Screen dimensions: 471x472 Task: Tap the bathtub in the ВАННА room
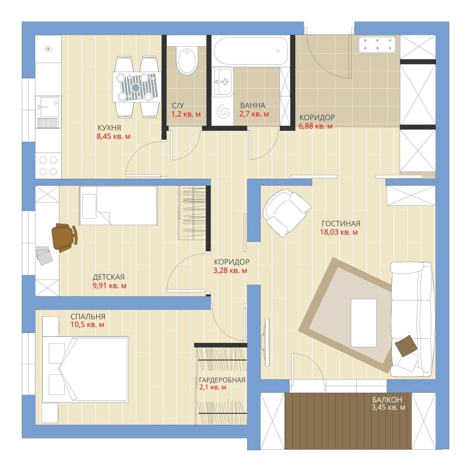[250, 51]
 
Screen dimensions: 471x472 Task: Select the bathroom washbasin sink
[222, 82]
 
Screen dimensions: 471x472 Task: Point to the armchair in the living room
[286, 212]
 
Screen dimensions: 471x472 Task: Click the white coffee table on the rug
[364, 323]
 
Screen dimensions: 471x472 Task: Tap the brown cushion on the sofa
[406, 346]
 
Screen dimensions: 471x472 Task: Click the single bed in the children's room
[118, 205]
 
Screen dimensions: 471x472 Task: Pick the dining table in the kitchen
[137, 87]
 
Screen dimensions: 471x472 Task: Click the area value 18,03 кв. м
[339, 232]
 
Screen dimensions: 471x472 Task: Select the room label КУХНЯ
[109, 127]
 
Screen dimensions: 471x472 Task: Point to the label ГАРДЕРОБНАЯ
[222, 380]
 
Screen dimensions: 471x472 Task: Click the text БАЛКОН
[387, 400]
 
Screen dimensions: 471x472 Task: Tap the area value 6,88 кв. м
[315, 126]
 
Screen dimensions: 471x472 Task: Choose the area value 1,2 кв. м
[186, 114]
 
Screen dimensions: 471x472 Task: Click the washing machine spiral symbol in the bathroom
[223, 111]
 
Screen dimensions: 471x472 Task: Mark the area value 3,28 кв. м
[230, 270]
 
